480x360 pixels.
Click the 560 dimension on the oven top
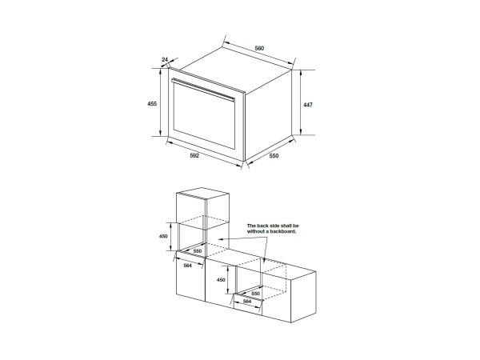pyautogui.click(x=259, y=48)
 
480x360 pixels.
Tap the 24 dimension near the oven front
pyautogui.click(x=165, y=59)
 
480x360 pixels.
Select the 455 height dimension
pyautogui.click(x=152, y=104)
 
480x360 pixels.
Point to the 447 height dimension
pyautogui.click(x=308, y=105)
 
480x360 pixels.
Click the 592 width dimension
pyautogui.click(x=194, y=155)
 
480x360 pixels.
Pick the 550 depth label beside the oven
pyautogui.click(x=274, y=156)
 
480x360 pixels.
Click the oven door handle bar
pyautogui.click(x=203, y=89)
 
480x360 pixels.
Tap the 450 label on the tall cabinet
pyautogui.click(x=163, y=236)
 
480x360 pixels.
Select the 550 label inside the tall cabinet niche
pyautogui.click(x=198, y=251)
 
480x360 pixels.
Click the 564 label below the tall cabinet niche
pyautogui.click(x=188, y=266)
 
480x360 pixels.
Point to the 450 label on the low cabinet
pyautogui.click(x=221, y=280)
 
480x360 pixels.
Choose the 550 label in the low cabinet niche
pyautogui.click(x=255, y=294)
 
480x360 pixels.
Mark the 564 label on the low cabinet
pyautogui.click(x=247, y=302)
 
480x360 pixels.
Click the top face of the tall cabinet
pyautogui.click(x=202, y=194)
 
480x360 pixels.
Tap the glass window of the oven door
pyautogui.click(x=204, y=116)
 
